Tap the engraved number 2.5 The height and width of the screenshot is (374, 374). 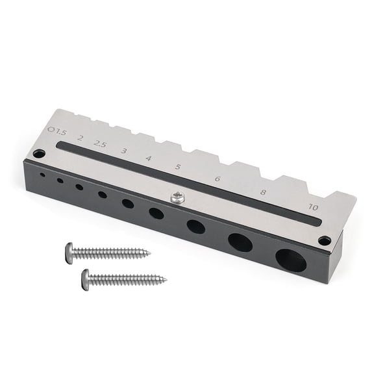tap(99, 143)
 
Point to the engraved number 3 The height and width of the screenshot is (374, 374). tap(123, 151)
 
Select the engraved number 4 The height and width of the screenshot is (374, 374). tap(149, 158)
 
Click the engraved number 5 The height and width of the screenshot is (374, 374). tap(177, 167)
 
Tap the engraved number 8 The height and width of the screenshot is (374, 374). tap(263, 192)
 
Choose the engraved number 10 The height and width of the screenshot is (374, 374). tap(314, 207)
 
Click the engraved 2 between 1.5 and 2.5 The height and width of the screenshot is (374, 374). tap(80, 138)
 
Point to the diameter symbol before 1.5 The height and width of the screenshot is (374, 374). tap(51, 129)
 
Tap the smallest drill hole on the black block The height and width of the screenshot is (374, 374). tap(43, 175)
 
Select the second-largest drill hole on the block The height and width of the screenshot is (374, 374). tap(240, 243)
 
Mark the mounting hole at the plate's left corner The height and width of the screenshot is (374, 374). tap(39, 154)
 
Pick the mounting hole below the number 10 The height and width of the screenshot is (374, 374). tap(325, 240)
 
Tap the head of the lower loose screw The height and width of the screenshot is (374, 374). tap(86, 279)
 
